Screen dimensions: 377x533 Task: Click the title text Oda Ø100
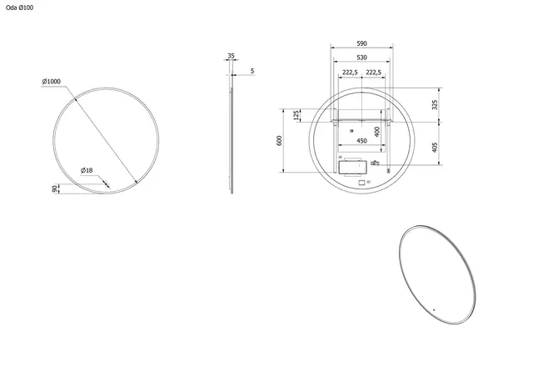point(18,9)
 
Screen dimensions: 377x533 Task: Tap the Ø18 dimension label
point(86,170)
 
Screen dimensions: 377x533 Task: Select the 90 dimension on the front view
point(55,189)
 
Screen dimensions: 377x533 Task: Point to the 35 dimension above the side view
point(230,57)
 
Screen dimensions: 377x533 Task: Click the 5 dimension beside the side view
point(252,71)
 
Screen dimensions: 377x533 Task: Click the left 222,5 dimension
point(350,73)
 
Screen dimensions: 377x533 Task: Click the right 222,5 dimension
point(375,73)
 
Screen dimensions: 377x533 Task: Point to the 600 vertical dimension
point(280,140)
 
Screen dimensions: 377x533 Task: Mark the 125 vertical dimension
point(296,115)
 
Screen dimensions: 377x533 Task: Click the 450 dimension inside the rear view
point(361,141)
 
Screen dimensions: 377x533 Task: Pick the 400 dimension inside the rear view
point(376,131)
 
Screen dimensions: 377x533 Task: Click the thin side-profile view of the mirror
point(232,133)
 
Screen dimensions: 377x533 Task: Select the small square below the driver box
point(361,183)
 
